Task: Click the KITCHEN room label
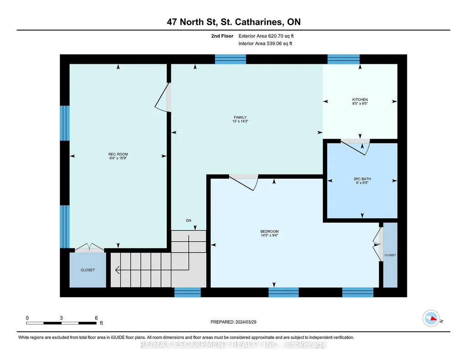[x=360, y=99]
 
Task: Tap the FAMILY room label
[x=240, y=117]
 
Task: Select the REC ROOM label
[x=118, y=154]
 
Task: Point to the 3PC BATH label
[x=362, y=179]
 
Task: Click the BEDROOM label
[x=269, y=232]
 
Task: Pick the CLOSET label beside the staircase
[x=87, y=270]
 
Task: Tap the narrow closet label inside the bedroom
[x=390, y=255]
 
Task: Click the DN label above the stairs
[x=189, y=221]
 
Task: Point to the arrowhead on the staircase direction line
[x=118, y=270]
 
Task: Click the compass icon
[x=431, y=318]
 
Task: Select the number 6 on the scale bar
[x=96, y=318]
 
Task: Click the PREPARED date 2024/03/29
[x=246, y=322]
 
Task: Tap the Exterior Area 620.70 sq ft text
[x=266, y=36]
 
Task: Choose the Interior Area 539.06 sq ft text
[x=265, y=43]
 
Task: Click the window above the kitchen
[x=344, y=59]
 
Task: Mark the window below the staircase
[x=187, y=292]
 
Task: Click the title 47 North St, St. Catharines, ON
[x=233, y=22]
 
